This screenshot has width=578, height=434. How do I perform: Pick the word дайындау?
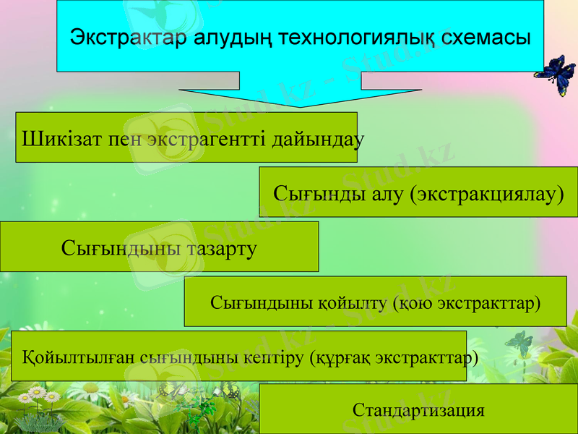coord(317,137)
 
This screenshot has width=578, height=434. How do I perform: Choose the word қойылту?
coord(351,302)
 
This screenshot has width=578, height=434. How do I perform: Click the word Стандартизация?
coord(418,410)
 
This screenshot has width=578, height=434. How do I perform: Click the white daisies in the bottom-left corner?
coord(40,397)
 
